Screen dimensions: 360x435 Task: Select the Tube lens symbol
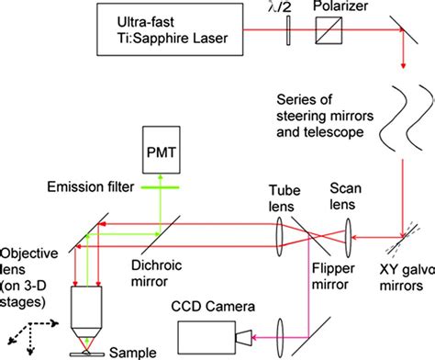(x=279, y=247)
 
